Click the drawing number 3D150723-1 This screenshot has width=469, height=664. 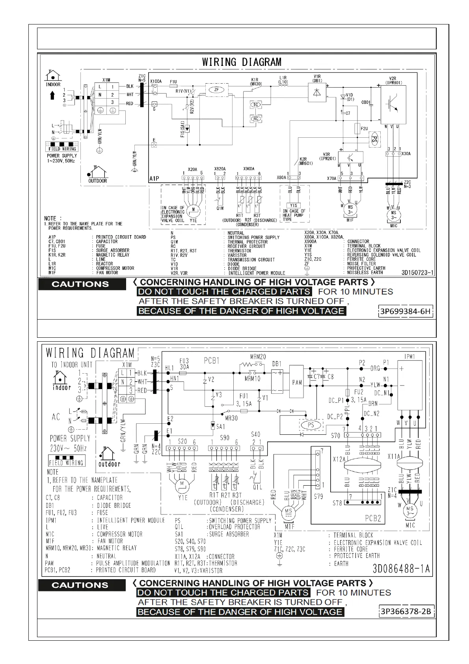[x=417, y=272]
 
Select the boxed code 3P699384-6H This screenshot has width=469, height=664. [x=405, y=312]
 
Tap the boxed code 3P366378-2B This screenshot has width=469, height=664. [x=406, y=612]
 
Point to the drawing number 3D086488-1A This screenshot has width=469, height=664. [x=401, y=569]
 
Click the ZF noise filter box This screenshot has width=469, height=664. [x=216, y=90]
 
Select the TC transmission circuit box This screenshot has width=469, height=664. [x=256, y=105]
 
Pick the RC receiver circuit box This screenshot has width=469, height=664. [x=256, y=118]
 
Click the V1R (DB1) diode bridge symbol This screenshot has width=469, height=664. [x=316, y=92]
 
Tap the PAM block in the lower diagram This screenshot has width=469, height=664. [x=297, y=382]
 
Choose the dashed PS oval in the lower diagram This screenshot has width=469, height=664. [x=311, y=425]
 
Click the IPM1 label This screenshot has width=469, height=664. [x=409, y=357]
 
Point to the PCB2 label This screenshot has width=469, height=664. [x=372, y=518]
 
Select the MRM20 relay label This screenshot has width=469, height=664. [x=258, y=357]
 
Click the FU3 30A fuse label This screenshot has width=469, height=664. [x=184, y=363]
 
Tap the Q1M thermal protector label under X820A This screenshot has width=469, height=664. [x=220, y=208]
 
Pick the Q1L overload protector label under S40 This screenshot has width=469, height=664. [x=257, y=487]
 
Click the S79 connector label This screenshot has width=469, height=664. [x=318, y=496]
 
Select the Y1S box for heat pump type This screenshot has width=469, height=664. [x=293, y=206]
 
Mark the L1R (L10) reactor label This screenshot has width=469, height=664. [x=283, y=80]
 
